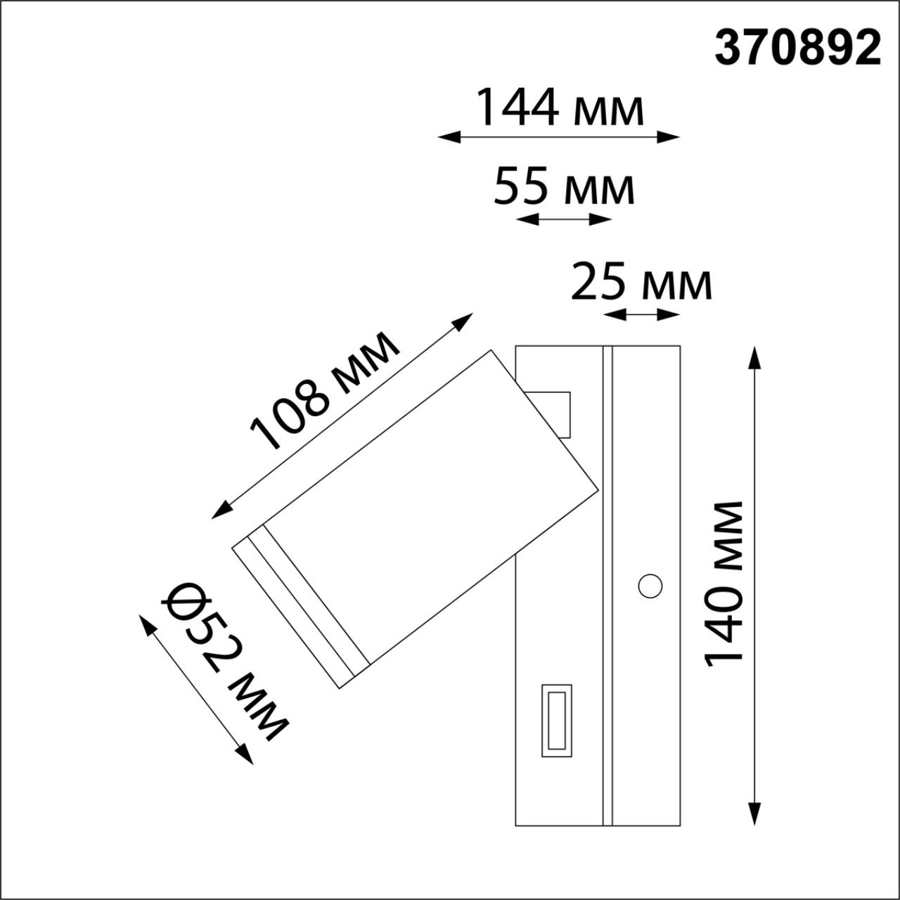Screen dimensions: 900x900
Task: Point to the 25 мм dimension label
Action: point(641,282)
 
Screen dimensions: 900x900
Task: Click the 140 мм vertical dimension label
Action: point(724,584)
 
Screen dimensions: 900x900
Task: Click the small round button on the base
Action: point(650,585)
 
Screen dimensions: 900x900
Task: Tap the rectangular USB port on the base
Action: point(556,720)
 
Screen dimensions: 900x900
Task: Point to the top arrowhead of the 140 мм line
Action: point(755,356)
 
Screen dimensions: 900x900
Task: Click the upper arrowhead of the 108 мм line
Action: point(464,321)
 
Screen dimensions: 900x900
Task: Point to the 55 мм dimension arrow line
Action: point(564,219)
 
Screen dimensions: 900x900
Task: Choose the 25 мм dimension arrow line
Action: point(642,314)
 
